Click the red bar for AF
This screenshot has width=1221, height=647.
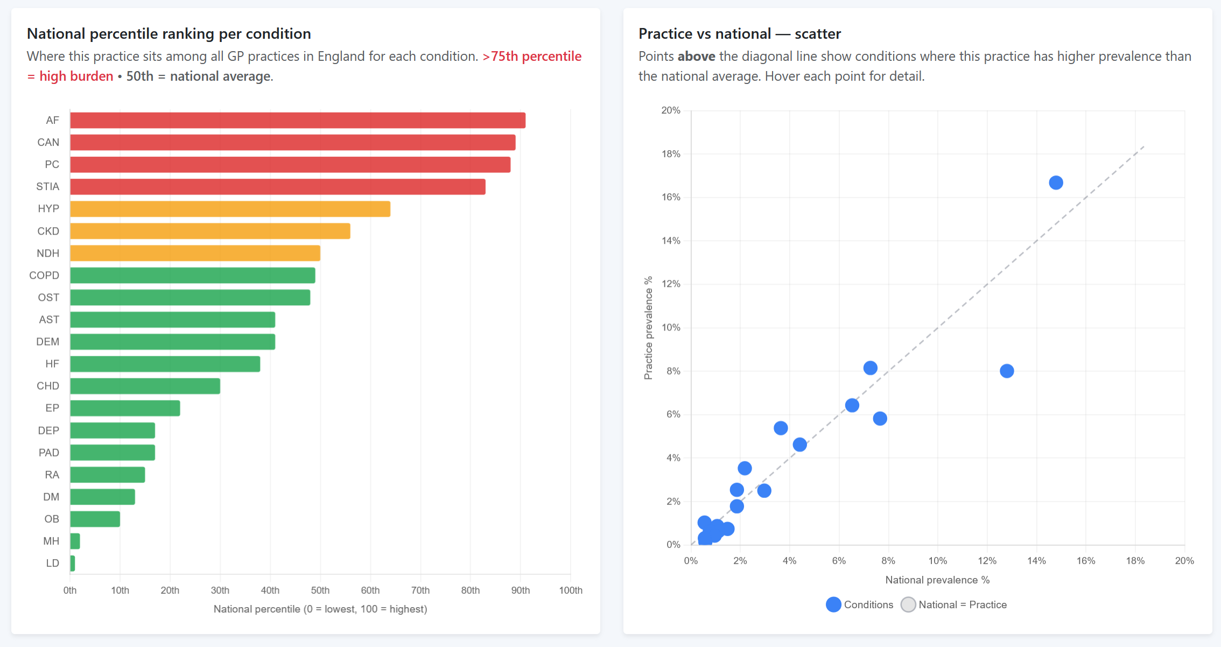pyautogui.click(x=297, y=121)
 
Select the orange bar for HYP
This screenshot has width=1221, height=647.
pyautogui.click(x=230, y=209)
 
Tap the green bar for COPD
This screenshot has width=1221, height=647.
pyautogui.click(x=192, y=276)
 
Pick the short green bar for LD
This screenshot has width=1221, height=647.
pyautogui.click(x=72, y=563)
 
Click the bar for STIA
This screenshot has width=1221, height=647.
pyautogui.click(x=277, y=187)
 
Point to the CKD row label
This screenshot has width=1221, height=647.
pyautogui.click(x=48, y=231)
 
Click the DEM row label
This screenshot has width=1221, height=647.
pyautogui.click(x=47, y=342)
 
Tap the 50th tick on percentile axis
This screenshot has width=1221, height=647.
pyautogui.click(x=320, y=590)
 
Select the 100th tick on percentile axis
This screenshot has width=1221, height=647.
pyautogui.click(x=570, y=590)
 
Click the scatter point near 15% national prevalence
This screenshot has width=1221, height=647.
pyautogui.click(x=1055, y=183)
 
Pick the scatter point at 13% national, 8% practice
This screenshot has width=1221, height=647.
pyautogui.click(x=1006, y=371)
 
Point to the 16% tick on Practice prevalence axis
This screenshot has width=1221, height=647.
pyautogui.click(x=671, y=197)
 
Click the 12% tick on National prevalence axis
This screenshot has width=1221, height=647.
pyautogui.click(x=986, y=561)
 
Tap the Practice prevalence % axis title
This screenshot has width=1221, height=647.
pyautogui.click(x=648, y=328)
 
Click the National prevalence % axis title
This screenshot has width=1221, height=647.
pyautogui.click(x=937, y=580)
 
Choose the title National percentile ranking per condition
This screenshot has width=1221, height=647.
pyautogui.click(x=169, y=33)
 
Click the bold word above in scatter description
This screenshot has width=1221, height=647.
pyautogui.click(x=696, y=57)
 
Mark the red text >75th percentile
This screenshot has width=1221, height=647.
pyautogui.click(x=531, y=57)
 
